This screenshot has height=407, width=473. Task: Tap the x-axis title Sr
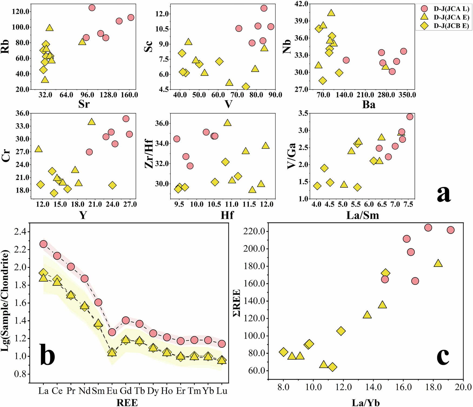click(84, 104)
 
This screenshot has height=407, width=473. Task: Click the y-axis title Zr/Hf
click(149, 154)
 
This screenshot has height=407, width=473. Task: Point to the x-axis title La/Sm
click(363, 215)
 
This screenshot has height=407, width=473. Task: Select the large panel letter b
click(47, 354)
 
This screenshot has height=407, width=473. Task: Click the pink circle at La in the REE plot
click(44, 244)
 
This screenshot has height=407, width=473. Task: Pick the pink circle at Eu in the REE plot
click(112, 332)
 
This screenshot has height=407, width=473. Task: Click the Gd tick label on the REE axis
click(126, 391)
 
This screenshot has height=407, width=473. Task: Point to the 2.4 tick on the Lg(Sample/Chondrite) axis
click(21, 232)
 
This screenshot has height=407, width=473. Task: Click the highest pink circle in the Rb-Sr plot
click(92, 8)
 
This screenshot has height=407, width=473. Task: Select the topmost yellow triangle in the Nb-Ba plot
click(331, 13)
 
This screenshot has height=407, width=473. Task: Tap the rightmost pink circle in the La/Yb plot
click(451, 230)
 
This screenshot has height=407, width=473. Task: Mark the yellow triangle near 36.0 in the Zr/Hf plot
click(228, 123)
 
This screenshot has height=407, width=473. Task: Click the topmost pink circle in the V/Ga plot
click(410, 117)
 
